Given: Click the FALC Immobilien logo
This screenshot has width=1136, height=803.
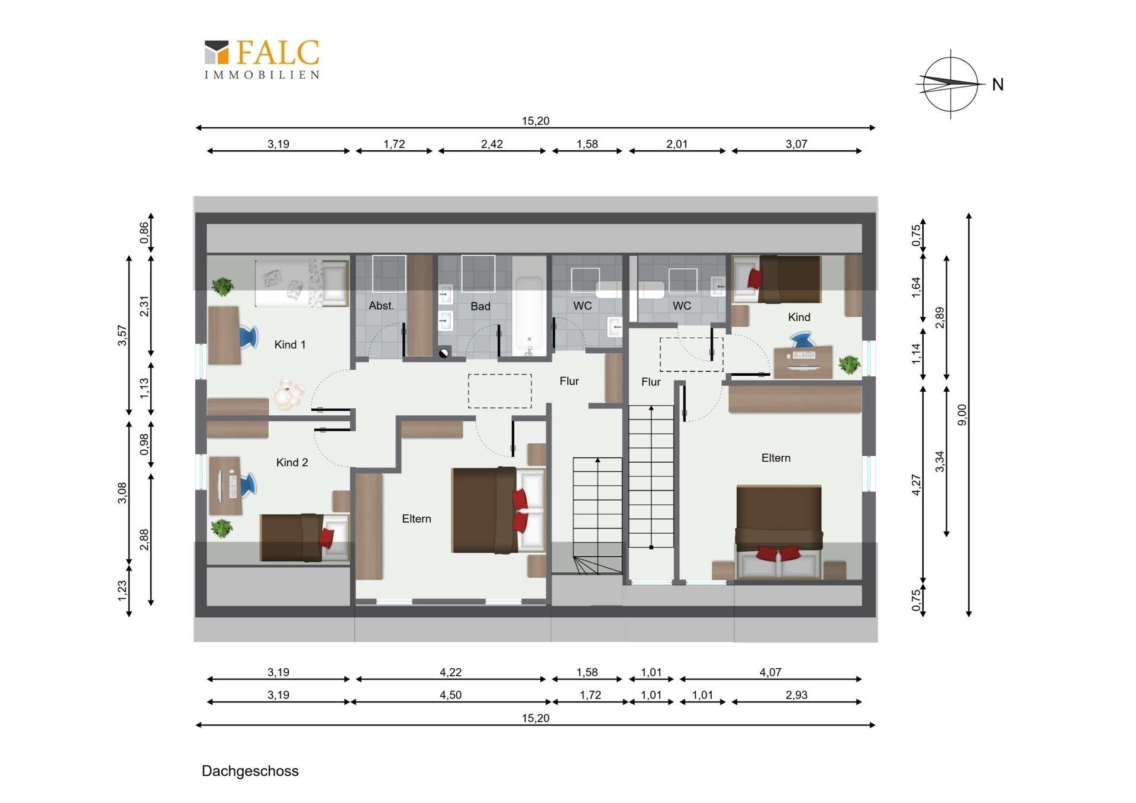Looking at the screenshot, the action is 262,59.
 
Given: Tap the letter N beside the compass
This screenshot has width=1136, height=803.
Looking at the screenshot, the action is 998,85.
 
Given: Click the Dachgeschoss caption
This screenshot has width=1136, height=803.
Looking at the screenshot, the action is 250,771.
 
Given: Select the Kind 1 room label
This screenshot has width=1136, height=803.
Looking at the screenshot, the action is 290,344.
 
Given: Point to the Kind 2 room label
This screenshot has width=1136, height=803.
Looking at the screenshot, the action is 292,462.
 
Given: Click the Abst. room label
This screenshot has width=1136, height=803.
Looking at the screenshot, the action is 381,305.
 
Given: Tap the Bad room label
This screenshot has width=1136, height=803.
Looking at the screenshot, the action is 480,306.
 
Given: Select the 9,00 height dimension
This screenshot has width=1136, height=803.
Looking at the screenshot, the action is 962,414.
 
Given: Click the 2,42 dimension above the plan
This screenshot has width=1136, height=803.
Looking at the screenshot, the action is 492,144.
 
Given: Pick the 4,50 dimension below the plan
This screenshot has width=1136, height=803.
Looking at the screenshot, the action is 450,695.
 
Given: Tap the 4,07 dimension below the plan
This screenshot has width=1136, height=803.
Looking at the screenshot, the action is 770,672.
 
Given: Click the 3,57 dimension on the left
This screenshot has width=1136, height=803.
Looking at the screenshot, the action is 122,335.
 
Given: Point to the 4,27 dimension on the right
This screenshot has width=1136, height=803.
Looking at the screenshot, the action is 916,485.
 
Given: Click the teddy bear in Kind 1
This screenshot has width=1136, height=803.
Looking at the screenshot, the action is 288,395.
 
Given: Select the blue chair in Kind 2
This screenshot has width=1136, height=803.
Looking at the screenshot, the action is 248,484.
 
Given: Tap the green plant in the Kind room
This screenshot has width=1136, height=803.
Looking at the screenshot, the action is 849,364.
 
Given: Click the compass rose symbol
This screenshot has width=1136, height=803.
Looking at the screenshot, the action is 950,84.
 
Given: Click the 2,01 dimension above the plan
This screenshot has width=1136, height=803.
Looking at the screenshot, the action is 677,144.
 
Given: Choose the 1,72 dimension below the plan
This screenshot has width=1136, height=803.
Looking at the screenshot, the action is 590,695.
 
